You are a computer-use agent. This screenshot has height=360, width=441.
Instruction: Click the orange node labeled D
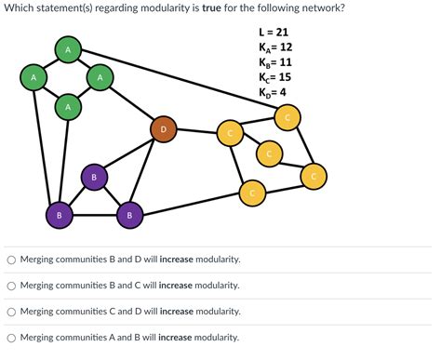[x=163, y=129]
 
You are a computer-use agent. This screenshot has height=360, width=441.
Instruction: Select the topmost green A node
[x=67, y=48]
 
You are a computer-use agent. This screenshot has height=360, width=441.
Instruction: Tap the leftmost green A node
[x=33, y=78]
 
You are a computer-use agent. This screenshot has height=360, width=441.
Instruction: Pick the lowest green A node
[x=67, y=109]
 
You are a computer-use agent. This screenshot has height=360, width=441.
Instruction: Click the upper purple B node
[x=93, y=177]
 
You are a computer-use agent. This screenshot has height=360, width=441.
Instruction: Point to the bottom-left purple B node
[x=59, y=216]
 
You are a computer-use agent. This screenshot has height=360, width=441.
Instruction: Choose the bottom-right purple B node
[x=129, y=216]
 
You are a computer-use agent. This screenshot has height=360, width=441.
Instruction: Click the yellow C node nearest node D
[x=229, y=134]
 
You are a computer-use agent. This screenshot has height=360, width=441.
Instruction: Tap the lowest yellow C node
[x=250, y=193]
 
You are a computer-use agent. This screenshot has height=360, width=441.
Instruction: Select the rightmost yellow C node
[x=314, y=175]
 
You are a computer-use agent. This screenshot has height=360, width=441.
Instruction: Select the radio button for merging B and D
[x=11, y=260]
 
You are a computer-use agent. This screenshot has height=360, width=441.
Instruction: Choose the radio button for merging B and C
[x=11, y=286]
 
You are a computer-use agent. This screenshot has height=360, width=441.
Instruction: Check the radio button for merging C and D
[x=11, y=312]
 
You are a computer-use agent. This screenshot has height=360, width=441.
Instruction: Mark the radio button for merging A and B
[x=11, y=338]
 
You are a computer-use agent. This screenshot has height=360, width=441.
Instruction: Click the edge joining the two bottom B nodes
[x=94, y=216]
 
